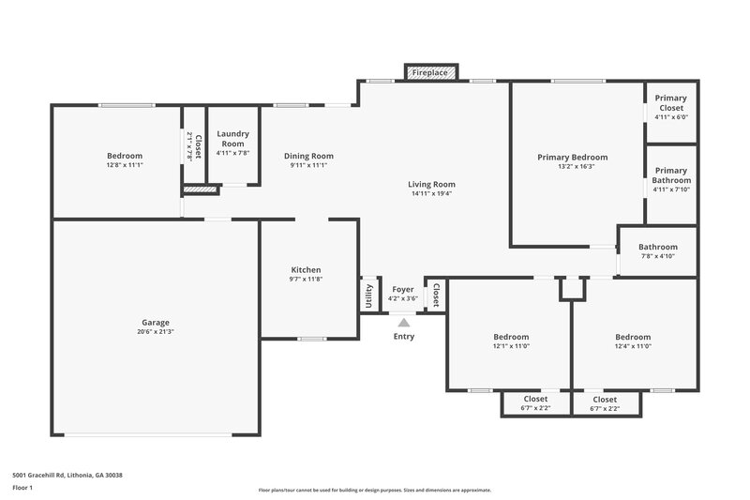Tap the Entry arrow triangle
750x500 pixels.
403,322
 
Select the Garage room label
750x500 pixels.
156,323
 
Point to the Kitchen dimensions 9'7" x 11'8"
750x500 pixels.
306,280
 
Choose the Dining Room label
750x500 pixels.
308,156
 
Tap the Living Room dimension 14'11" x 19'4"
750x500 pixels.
431,194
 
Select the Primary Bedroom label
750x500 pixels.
572,158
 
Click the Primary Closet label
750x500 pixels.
670,103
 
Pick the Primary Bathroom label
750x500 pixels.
670,174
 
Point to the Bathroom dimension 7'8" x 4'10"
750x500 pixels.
657,256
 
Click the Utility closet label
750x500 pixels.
368,295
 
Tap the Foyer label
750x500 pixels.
403,290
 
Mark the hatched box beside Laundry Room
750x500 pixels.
200,189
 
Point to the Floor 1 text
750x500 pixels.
22,488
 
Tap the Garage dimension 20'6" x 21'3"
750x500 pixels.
156,332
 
